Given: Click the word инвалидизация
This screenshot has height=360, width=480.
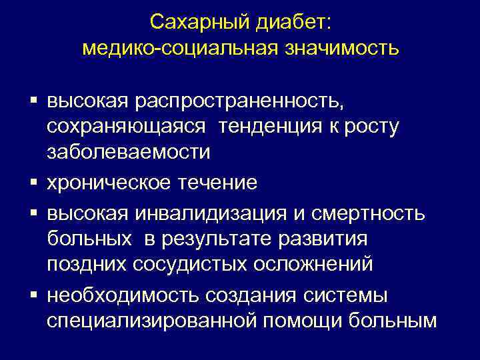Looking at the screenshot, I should pos(214,213).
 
